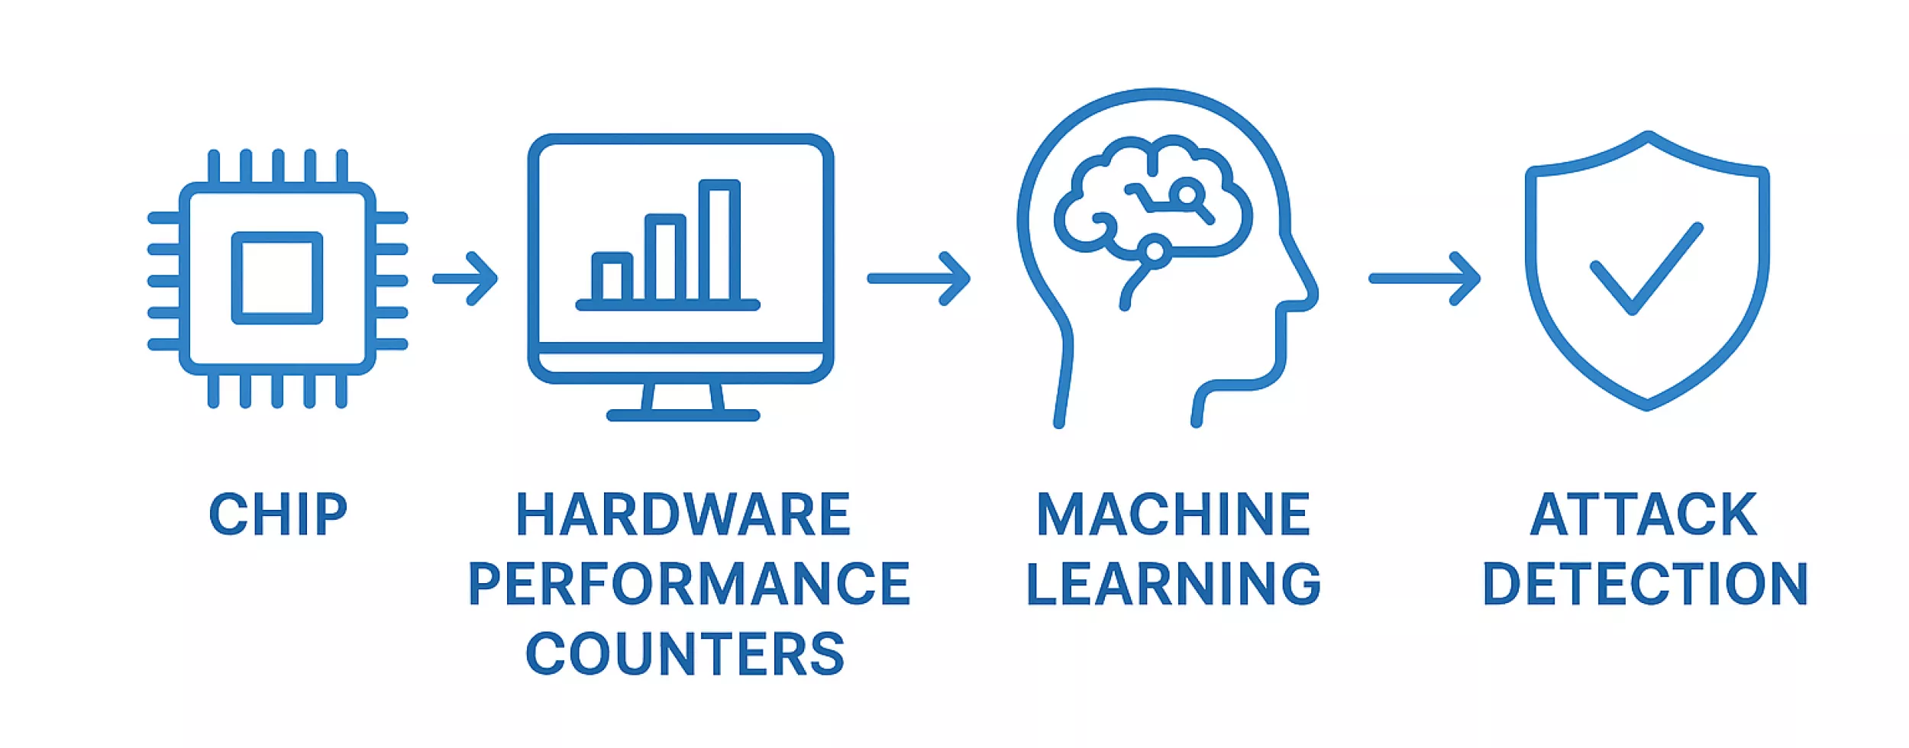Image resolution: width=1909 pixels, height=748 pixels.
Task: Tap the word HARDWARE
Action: (683, 514)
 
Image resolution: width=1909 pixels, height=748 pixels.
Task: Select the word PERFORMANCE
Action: (689, 584)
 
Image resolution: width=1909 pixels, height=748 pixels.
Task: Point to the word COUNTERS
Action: (685, 653)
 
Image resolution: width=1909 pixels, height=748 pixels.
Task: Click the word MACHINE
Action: (1173, 514)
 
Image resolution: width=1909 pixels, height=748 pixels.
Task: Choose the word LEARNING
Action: (1173, 584)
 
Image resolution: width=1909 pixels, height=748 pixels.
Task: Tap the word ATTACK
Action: (1644, 514)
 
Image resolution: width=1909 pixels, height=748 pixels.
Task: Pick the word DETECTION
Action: (1645, 584)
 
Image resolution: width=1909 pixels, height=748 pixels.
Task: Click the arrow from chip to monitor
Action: (466, 279)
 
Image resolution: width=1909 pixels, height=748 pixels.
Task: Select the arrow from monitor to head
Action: (919, 279)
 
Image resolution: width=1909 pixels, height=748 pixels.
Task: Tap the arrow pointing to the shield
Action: (1424, 279)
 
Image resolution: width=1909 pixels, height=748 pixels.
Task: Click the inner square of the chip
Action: (276, 278)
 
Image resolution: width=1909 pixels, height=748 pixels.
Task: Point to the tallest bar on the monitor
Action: (719, 240)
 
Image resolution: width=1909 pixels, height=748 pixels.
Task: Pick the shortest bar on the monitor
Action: (612, 276)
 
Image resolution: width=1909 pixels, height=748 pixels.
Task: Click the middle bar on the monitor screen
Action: (665, 258)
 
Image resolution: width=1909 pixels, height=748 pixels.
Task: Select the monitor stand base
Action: (683, 415)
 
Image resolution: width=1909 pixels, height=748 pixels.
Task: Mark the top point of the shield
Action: (1648, 136)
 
